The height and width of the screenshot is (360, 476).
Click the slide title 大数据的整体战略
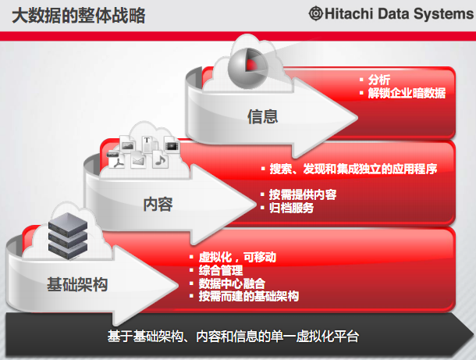click(x=78, y=16)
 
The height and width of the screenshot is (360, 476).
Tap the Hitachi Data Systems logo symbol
click(x=316, y=14)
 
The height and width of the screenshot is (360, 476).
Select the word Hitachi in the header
click(x=349, y=14)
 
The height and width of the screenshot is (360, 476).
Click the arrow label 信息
click(x=263, y=116)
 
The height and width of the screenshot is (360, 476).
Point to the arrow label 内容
click(x=158, y=204)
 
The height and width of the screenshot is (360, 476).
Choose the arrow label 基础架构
click(x=77, y=284)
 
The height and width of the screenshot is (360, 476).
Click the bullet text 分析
click(x=379, y=80)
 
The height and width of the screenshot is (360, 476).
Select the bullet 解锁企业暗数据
click(x=407, y=93)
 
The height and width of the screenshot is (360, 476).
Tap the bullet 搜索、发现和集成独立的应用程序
click(x=353, y=169)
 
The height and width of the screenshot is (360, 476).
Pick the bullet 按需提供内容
click(x=303, y=194)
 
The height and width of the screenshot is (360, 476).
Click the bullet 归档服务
click(x=291, y=208)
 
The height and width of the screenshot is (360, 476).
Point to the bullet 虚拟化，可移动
click(x=237, y=258)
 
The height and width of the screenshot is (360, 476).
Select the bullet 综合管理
click(x=221, y=270)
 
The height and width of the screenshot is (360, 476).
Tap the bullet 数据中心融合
click(x=232, y=283)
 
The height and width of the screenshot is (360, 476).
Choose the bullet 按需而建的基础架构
click(x=249, y=296)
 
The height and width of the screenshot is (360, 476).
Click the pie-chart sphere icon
click(x=247, y=67)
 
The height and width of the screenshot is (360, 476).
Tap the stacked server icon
click(x=68, y=236)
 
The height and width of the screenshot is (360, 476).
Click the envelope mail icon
click(x=138, y=160)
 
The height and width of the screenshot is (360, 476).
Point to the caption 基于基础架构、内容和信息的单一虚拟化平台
click(x=233, y=337)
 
